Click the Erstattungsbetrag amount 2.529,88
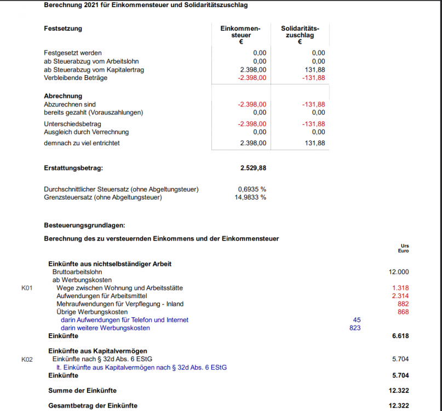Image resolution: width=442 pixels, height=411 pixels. (x=253, y=168)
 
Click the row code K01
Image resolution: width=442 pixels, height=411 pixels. (x=27, y=288)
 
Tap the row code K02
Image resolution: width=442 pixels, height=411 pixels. (x=27, y=359)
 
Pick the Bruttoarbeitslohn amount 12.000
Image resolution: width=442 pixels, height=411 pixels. (x=398, y=272)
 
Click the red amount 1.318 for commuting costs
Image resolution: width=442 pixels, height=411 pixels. (x=400, y=288)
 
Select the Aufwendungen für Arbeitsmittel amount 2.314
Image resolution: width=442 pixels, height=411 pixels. (x=400, y=296)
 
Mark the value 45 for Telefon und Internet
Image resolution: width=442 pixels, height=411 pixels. (x=357, y=320)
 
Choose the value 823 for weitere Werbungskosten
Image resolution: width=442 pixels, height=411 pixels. (x=354, y=328)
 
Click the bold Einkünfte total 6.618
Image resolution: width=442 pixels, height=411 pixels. (x=400, y=336)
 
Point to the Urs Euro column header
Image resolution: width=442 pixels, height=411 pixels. (x=404, y=248)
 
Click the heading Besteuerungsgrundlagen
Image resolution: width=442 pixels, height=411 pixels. (x=84, y=225)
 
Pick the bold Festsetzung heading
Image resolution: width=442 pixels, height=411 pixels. (x=62, y=28)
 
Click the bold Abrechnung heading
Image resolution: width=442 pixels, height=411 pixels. (x=62, y=96)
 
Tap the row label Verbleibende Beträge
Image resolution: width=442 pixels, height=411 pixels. (x=76, y=78)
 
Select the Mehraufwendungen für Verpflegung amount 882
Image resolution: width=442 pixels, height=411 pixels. (x=403, y=304)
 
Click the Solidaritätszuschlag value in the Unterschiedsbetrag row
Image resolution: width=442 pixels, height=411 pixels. (x=313, y=124)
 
